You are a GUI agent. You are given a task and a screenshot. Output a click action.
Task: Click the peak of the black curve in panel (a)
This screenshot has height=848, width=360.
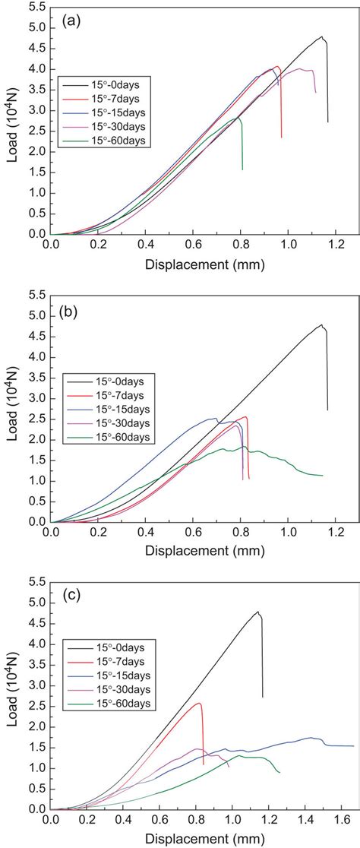tap(321, 36)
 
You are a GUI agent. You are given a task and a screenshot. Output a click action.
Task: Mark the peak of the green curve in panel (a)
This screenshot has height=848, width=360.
tap(238, 118)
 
